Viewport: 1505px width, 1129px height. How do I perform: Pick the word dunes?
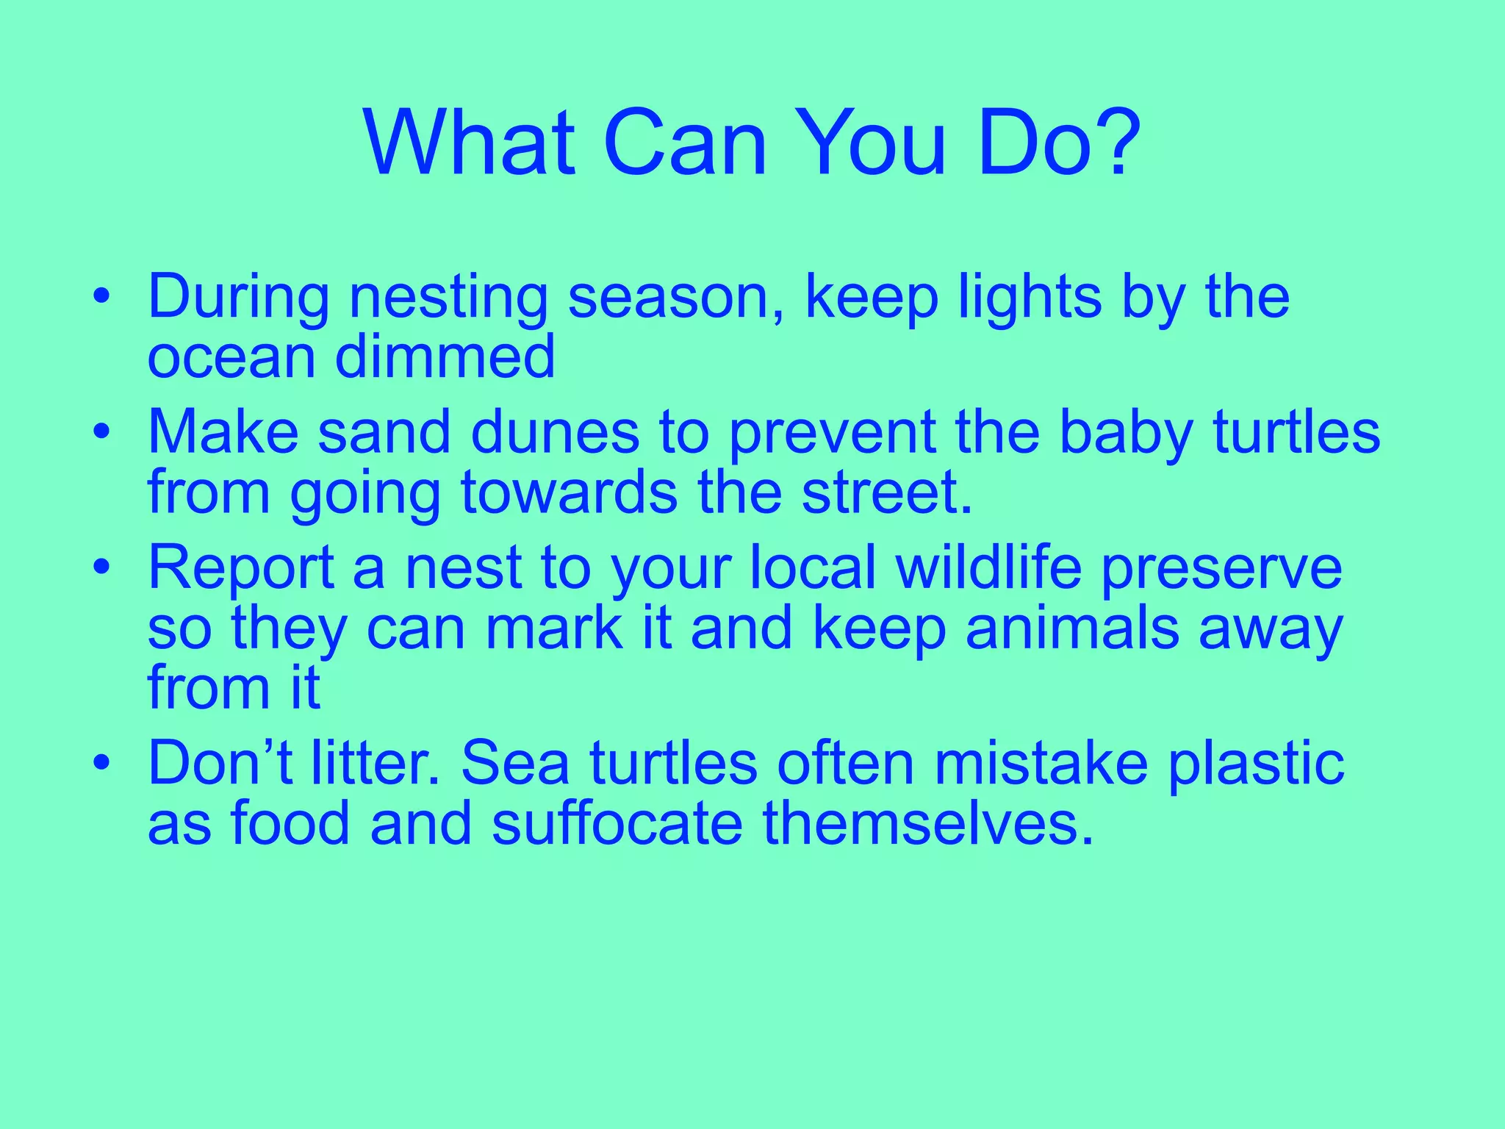point(555,433)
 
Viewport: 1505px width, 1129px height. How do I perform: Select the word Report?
point(241,569)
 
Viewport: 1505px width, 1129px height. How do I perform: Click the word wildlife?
point(988,567)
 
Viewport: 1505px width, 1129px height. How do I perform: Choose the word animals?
point(1072,629)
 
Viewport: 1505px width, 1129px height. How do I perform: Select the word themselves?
point(928,823)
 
